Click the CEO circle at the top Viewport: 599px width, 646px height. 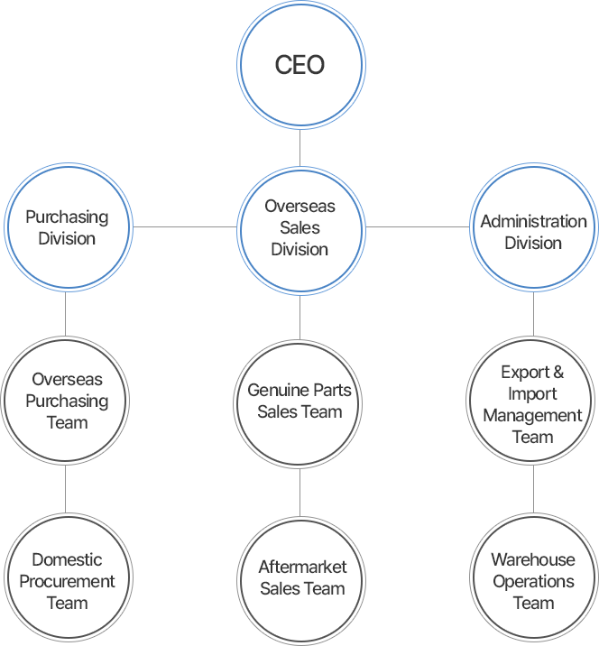tap(299, 66)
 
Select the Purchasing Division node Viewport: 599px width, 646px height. tap(66, 227)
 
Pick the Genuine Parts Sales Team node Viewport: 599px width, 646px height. tap(299, 401)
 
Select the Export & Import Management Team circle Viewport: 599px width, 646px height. tap(533, 404)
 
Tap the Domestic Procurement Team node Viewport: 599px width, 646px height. tap(66, 581)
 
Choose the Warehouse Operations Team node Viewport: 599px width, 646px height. tap(533, 581)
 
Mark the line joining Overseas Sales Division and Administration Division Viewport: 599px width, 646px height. tap(417, 226)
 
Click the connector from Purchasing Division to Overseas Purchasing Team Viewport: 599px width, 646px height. tap(66, 314)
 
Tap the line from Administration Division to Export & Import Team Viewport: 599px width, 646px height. tap(533, 314)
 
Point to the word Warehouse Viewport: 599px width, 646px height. tap(533, 560)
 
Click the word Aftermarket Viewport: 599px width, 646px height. tap(302, 568)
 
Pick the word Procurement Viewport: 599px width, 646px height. tap(67, 581)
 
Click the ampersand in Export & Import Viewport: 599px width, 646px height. tap(558, 373)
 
